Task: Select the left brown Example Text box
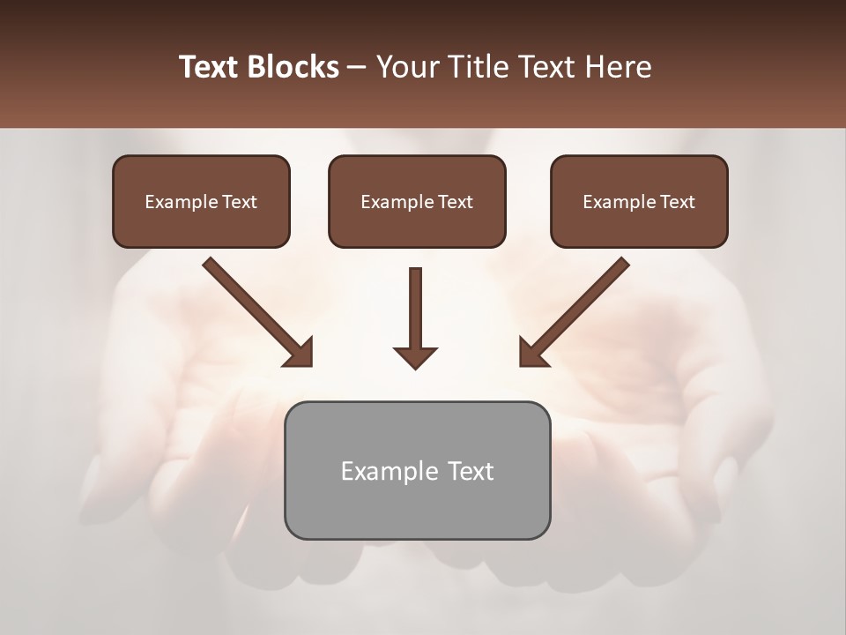(201, 201)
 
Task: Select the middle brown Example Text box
(417, 201)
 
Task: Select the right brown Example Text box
(639, 201)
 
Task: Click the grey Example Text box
(417, 470)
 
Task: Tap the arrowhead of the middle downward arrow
(415, 356)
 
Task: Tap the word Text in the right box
(678, 202)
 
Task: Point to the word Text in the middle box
(456, 202)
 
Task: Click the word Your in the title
(405, 67)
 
